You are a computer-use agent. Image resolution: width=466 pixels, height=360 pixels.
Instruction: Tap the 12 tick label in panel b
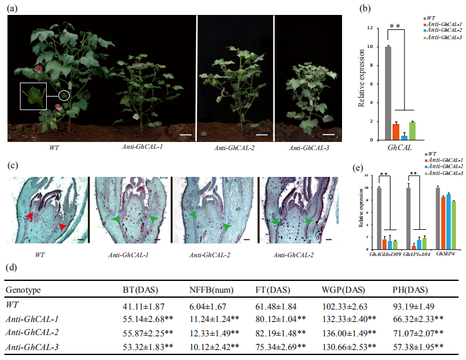click(369, 29)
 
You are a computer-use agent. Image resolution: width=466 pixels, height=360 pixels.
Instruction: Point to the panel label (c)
click(13, 166)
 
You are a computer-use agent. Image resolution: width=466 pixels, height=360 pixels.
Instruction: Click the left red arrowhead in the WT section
click(28, 216)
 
